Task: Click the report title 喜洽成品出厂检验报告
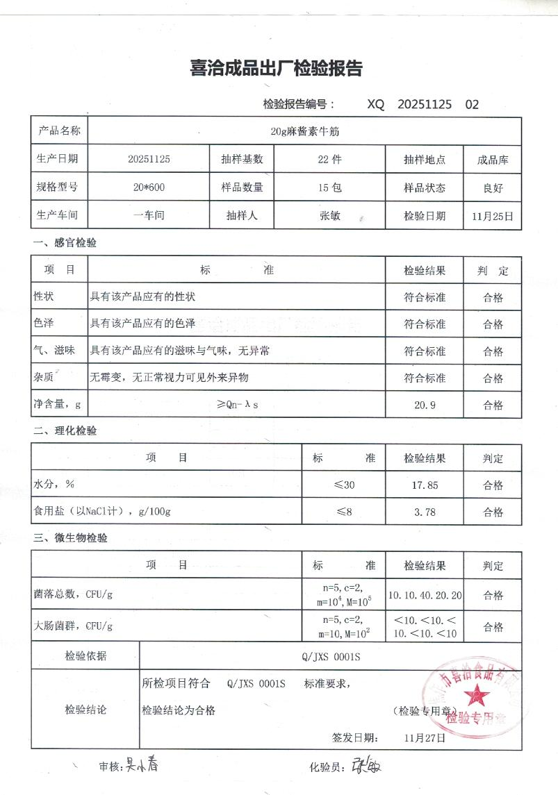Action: (276, 69)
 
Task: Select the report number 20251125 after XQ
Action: (425, 105)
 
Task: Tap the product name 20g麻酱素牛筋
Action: (304, 131)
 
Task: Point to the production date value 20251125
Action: (149, 159)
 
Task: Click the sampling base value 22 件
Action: (329, 159)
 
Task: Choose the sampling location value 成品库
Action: (493, 160)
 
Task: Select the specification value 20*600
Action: (149, 187)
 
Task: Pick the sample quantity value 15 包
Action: (329, 187)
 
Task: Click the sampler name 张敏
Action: (329, 215)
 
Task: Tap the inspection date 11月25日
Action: (493, 216)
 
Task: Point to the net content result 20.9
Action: (425, 405)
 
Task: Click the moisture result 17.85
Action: (425, 485)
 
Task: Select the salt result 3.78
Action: (425, 512)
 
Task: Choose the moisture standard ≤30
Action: (344, 485)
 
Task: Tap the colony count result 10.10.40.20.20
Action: (425, 595)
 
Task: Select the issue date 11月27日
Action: (425, 737)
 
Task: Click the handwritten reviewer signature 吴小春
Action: (142, 765)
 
